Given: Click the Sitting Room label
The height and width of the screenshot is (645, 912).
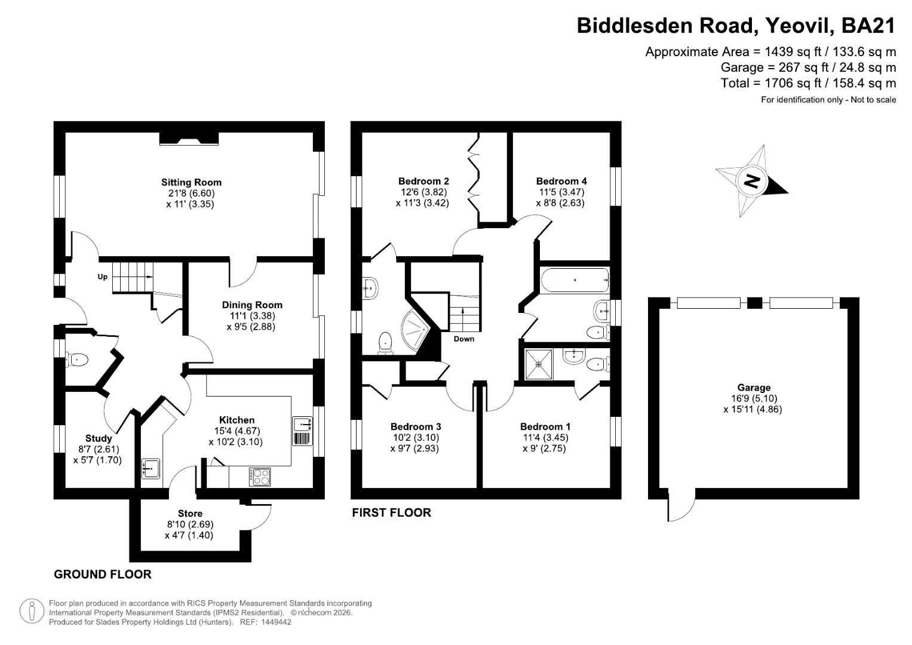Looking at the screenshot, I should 191,183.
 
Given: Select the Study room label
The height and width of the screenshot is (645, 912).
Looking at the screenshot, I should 99,438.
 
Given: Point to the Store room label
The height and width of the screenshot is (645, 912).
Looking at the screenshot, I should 190,514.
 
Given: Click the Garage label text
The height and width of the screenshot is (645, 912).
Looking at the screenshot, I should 754,388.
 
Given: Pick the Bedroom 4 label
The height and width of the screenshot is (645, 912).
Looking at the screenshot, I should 561,181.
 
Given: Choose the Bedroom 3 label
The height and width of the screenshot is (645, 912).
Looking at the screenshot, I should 416,426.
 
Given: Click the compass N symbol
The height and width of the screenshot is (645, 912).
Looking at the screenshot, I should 752,180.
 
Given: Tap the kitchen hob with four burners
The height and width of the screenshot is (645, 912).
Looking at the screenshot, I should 261,477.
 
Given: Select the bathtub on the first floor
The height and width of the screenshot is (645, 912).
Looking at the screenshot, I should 574,279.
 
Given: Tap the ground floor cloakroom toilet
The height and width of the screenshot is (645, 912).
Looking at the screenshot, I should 77,359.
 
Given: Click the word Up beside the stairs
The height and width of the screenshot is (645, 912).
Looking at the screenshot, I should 103,277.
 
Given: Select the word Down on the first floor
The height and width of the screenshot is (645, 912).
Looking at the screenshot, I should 463,339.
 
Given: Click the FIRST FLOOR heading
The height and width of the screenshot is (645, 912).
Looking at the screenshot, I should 391,512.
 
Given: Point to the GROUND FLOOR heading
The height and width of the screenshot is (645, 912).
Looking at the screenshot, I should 102,575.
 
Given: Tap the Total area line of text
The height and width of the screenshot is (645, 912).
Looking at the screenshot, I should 808,83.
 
